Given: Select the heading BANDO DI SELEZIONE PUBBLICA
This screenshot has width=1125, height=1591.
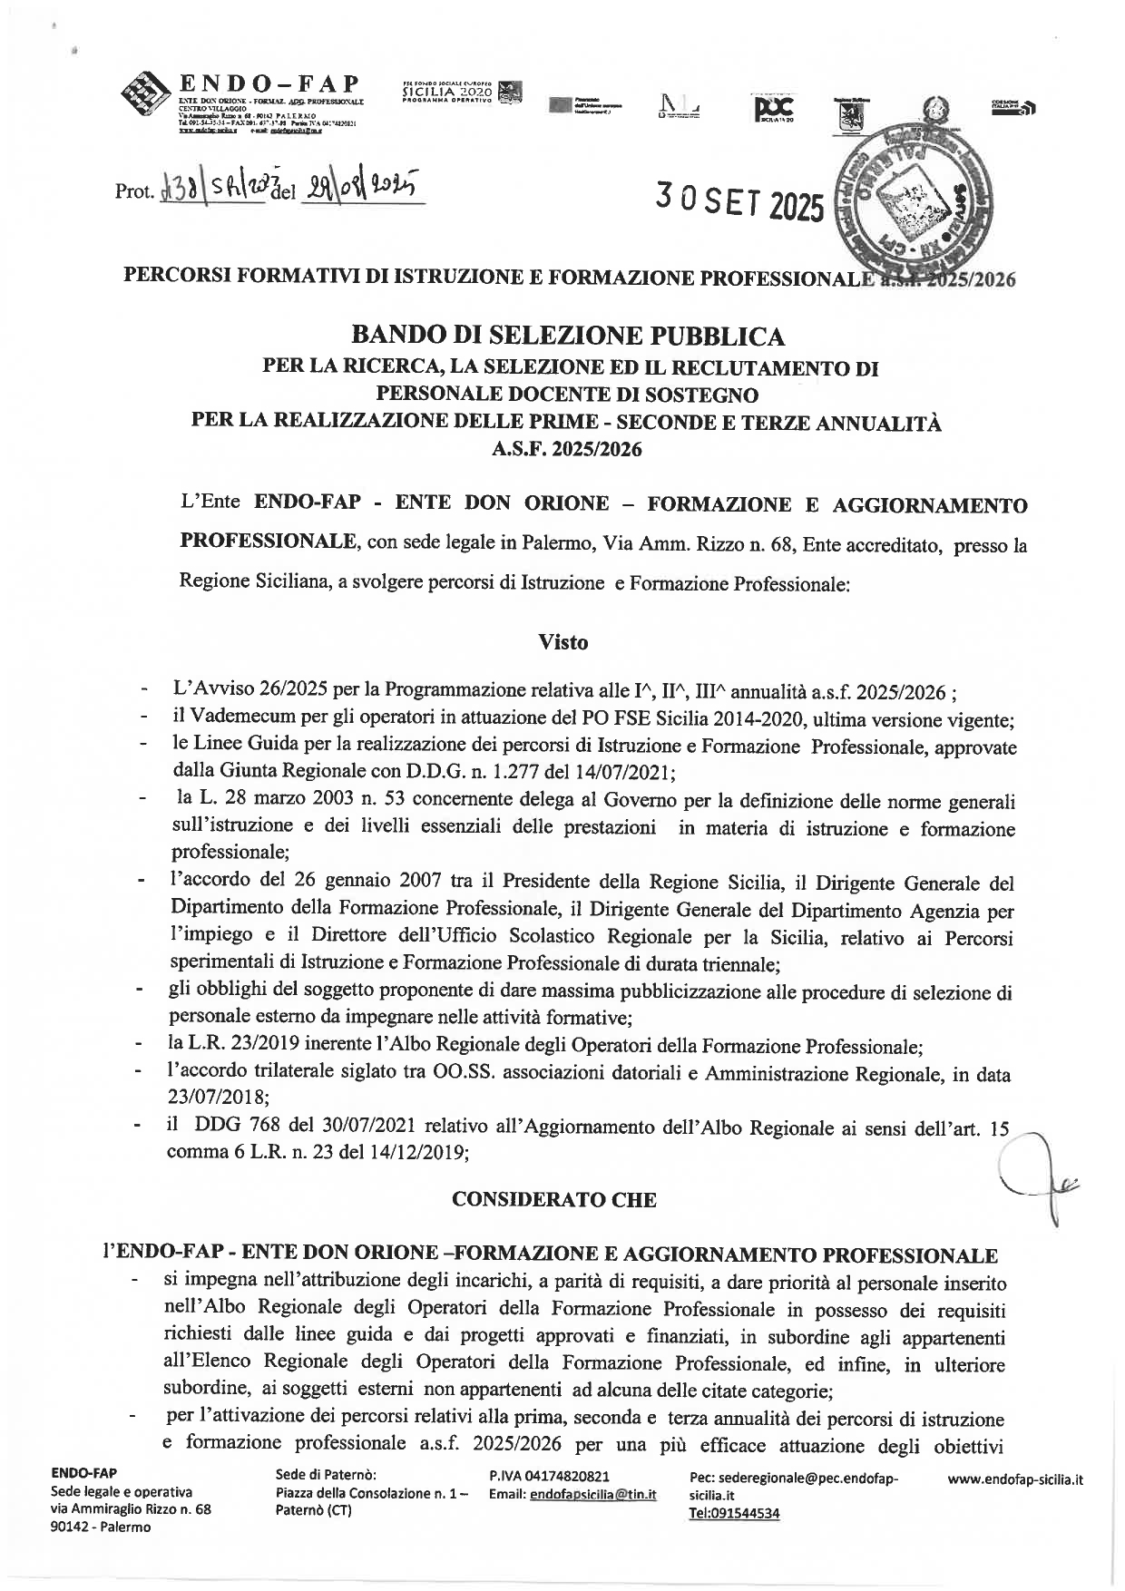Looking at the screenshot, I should pos(568,337).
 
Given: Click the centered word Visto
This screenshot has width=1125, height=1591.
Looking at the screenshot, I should pos(562,642).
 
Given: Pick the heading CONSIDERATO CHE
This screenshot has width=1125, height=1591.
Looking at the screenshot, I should pos(553,1199).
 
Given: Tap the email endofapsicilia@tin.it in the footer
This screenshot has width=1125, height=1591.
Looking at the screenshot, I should pos(592,1494).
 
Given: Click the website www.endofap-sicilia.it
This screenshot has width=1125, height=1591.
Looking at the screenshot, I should pos(1015,1479).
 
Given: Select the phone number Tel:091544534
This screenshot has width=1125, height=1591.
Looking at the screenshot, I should pos(735,1513).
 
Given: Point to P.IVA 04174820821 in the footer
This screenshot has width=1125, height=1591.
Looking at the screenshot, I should pos(549,1478).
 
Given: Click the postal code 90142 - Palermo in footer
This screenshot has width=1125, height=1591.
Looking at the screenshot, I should pos(102,1527).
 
